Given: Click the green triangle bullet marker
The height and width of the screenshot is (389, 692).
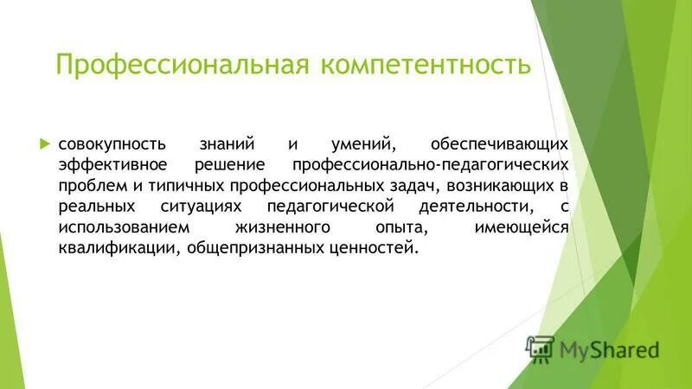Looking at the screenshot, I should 47,142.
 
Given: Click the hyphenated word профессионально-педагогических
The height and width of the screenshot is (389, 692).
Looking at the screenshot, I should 430,164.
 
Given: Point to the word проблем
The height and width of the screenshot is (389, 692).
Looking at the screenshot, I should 90,185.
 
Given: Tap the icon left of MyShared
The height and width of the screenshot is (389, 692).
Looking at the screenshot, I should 539,348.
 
